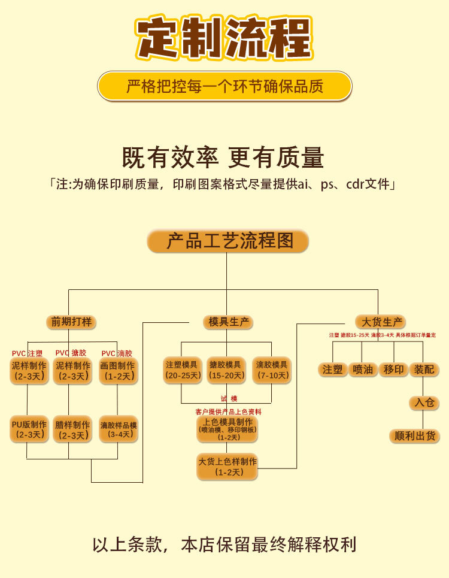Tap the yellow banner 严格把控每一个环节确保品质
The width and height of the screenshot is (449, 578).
pyautogui.click(x=224, y=86)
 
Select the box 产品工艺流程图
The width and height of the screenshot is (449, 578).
pyautogui.click(x=227, y=241)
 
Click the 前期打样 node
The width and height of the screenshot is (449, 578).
pyautogui.click(x=71, y=322)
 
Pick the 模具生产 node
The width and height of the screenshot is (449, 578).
pyautogui.click(x=227, y=322)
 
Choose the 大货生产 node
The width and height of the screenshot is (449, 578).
pyautogui.click(x=380, y=322)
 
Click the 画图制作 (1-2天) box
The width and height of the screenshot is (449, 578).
pyautogui.click(x=118, y=371)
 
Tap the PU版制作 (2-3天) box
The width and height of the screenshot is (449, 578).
pyautogui.click(x=29, y=429)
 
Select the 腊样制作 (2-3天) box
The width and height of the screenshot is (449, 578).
pyautogui.click(x=72, y=429)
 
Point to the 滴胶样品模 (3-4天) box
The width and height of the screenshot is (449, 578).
pyautogui.click(x=118, y=429)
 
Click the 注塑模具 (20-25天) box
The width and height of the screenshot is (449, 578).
pyautogui.click(x=181, y=370)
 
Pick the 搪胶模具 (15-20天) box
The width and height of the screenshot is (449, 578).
pyautogui.click(x=226, y=370)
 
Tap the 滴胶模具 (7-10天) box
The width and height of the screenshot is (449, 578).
pyautogui.click(x=271, y=370)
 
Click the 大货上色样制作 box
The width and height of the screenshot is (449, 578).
pyautogui.click(x=227, y=467)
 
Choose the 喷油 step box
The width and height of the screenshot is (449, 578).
pyautogui.click(x=363, y=370)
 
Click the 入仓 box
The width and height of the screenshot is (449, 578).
pyautogui.click(x=424, y=403)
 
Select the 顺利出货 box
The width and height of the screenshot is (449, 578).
pyautogui.click(x=414, y=435)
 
